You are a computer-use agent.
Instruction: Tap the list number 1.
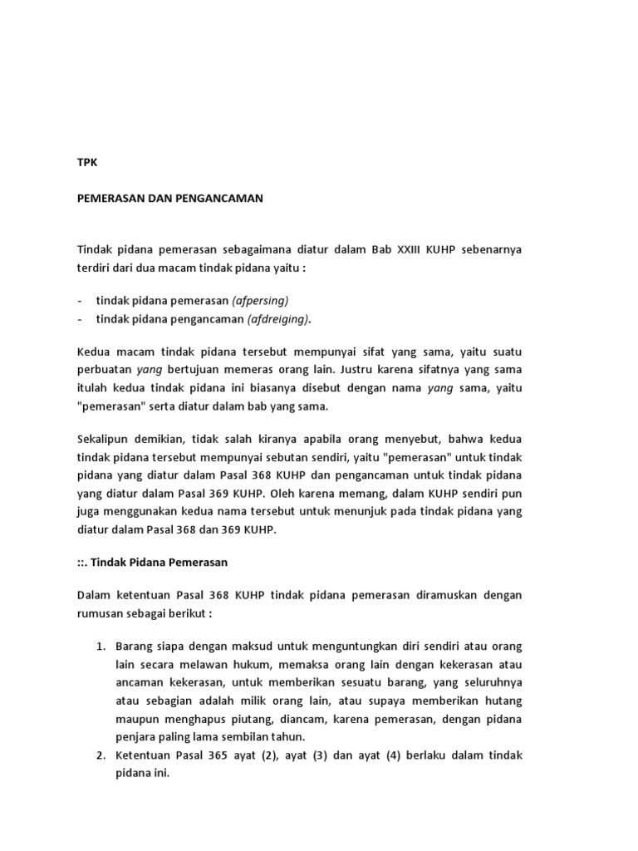[x=99, y=646]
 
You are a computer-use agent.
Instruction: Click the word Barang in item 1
[x=134, y=646]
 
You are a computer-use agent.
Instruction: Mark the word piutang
[x=277, y=718]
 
